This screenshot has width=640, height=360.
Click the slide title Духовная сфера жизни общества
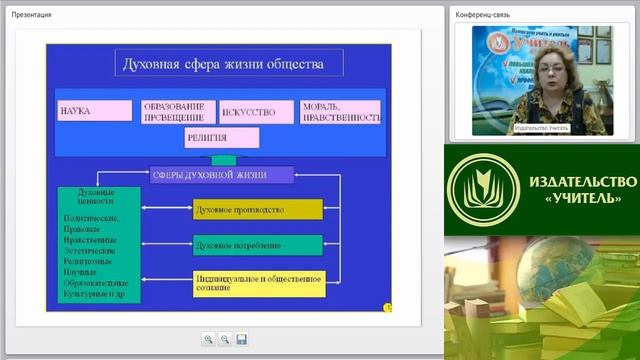point(221,67)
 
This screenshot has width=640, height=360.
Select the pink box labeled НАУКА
point(94,110)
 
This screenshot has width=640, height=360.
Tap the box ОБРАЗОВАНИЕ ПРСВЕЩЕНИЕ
point(178,110)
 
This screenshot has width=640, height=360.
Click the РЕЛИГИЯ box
point(221,137)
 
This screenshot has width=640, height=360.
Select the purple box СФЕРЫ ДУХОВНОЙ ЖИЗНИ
point(222,175)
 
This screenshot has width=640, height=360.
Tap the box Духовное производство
point(257,210)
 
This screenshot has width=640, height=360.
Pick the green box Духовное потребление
point(257,245)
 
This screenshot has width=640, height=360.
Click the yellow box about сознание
point(259,282)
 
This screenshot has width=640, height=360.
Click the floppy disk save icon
point(241,339)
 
